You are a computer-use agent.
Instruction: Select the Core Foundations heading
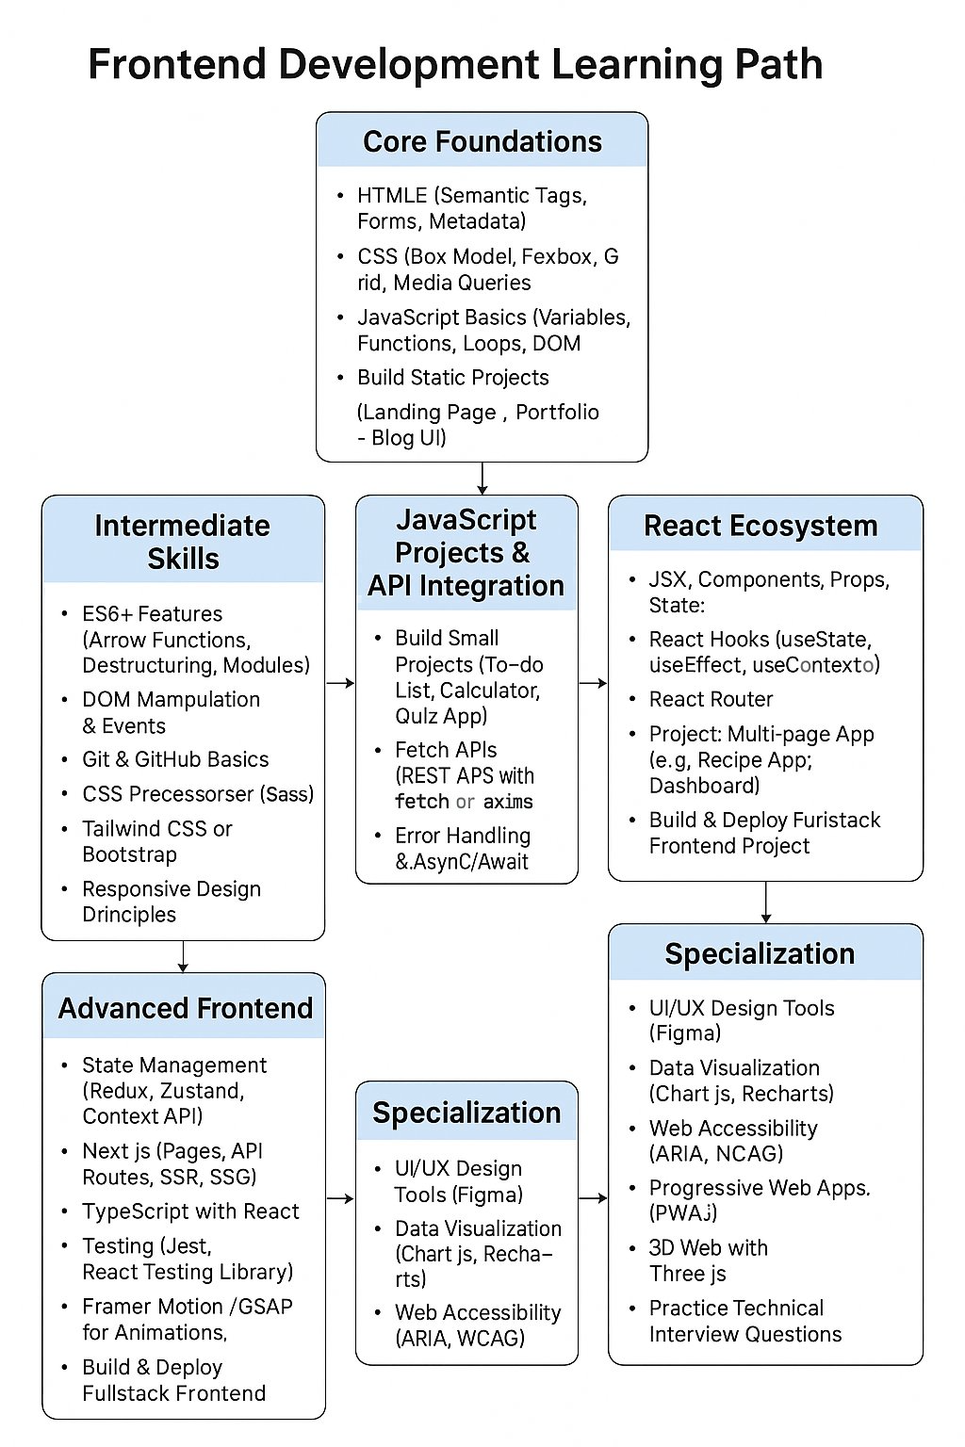click(482, 141)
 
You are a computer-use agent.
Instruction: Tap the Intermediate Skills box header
click(183, 541)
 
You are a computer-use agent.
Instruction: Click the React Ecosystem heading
click(761, 526)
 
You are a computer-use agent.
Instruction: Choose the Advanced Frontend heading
click(186, 1008)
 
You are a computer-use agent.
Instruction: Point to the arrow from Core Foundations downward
click(482, 479)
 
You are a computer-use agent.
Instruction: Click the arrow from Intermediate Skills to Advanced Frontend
click(183, 956)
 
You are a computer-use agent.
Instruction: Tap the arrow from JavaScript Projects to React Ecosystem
click(593, 682)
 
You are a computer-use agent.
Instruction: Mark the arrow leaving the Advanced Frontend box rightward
click(340, 1198)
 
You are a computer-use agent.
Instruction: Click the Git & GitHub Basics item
click(175, 759)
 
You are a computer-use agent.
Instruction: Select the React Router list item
click(711, 699)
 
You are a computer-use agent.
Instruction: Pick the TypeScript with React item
click(190, 1211)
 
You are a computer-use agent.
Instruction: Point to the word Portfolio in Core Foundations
click(557, 412)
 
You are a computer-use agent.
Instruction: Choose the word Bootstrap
click(129, 854)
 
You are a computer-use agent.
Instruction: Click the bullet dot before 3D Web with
click(632, 1248)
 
